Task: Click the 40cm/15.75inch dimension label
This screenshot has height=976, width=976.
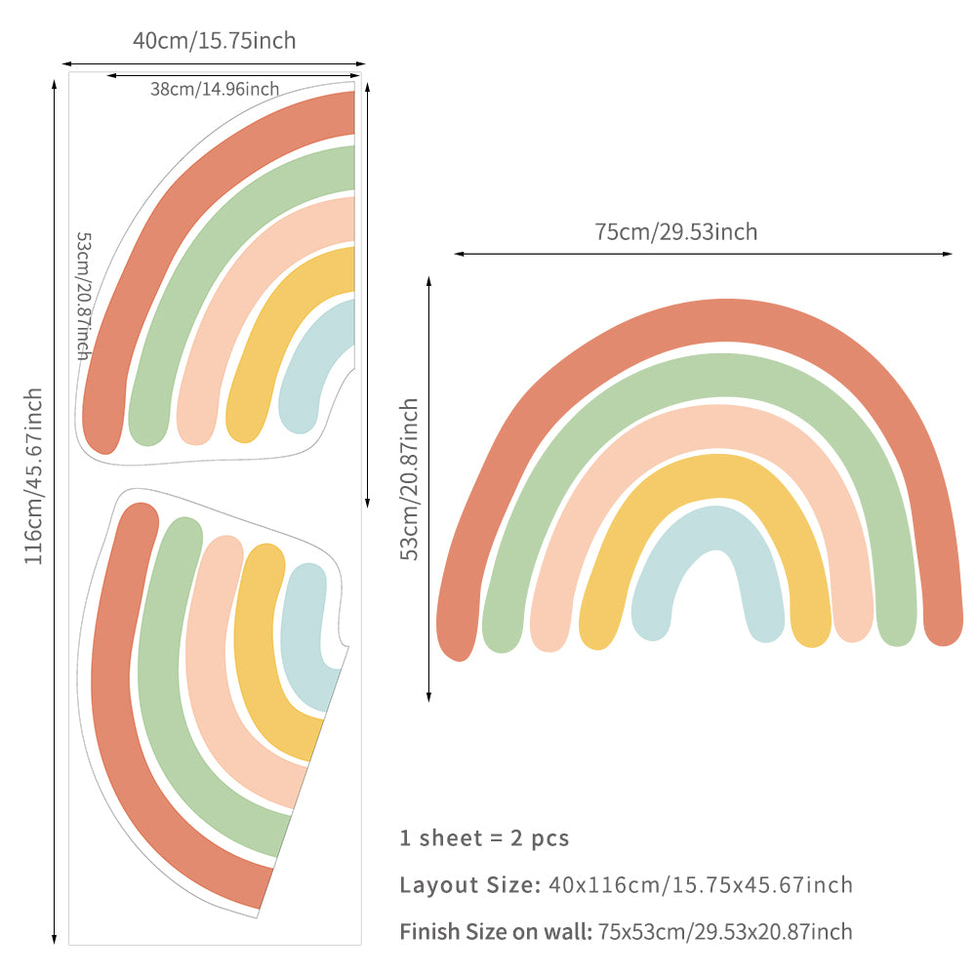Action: (x=214, y=41)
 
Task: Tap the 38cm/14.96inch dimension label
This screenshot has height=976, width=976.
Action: (x=215, y=89)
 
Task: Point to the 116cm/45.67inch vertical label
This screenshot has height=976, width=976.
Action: (x=34, y=476)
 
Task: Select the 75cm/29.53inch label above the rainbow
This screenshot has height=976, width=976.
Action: (x=675, y=232)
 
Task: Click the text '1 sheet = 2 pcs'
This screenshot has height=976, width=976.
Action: (x=484, y=837)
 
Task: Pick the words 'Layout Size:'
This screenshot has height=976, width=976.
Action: (x=469, y=885)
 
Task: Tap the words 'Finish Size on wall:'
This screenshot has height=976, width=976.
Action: (x=496, y=932)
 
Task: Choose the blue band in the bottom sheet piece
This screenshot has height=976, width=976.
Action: (x=304, y=625)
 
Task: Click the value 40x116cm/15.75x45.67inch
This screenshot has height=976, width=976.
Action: (x=701, y=885)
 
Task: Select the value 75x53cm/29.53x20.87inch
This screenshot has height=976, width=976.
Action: (x=725, y=932)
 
